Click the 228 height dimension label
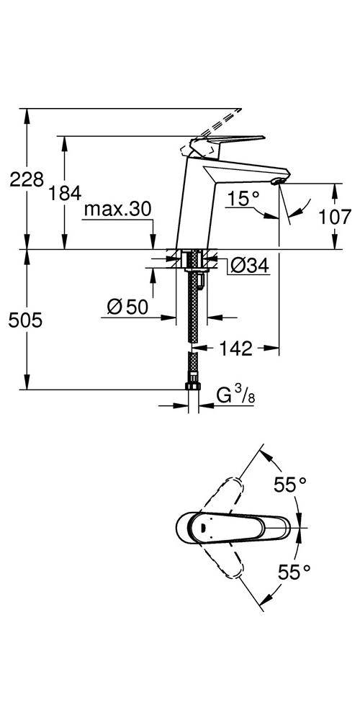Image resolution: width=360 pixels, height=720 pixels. [x=27, y=179]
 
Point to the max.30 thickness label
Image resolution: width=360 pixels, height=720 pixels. [x=117, y=210]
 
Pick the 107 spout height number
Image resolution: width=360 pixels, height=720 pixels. [x=335, y=216]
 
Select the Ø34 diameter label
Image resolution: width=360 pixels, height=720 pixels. [x=248, y=266]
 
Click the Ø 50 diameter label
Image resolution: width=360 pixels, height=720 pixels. [x=127, y=307]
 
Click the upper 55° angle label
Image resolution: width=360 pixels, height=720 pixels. [x=292, y=485]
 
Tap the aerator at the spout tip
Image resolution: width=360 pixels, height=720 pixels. [x=277, y=184]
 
